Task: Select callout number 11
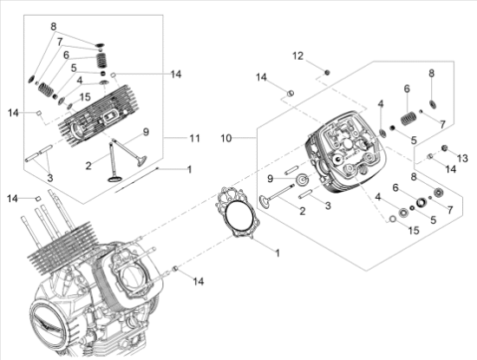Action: [196, 138]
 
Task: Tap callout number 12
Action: [297, 56]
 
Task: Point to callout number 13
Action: [461, 157]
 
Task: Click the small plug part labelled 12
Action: [327, 70]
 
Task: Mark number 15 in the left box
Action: [85, 96]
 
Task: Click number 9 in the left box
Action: [146, 132]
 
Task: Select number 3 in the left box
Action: [49, 176]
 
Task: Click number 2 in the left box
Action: [88, 164]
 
